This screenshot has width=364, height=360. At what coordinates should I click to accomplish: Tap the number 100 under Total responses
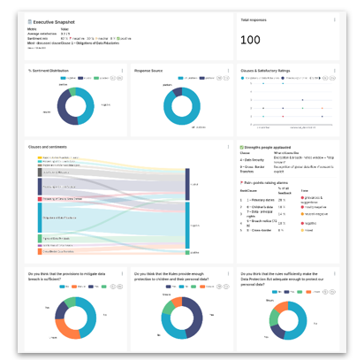[x=251, y=41]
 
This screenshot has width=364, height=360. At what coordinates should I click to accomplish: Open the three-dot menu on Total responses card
[x=334, y=19]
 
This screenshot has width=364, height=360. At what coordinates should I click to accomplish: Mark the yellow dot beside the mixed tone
[x=302, y=230]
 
